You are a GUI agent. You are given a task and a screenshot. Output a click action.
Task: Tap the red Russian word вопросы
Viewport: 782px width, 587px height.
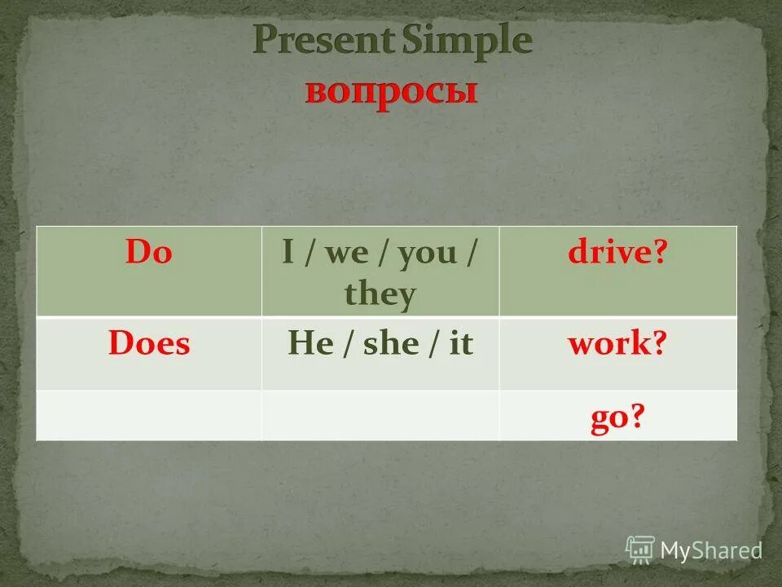[391, 91]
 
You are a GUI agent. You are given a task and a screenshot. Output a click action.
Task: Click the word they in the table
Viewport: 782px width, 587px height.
[380, 293]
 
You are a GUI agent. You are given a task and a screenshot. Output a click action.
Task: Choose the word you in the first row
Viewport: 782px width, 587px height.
[427, 254]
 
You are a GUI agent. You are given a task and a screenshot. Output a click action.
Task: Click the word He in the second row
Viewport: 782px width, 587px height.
[307, 343]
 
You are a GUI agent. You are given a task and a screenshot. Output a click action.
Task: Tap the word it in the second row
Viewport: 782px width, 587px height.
[460, 343]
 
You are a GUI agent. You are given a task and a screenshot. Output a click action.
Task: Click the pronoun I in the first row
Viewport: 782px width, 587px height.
[288, 253]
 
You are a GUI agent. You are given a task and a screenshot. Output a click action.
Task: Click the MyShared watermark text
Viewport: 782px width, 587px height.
[711, 550]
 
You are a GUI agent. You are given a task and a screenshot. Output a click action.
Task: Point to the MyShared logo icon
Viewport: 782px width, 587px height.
[640, 549]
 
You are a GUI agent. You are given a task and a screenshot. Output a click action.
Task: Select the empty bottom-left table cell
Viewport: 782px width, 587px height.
[149, 415]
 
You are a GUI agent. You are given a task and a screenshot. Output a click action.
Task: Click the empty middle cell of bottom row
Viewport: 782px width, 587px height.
[380, 415]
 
